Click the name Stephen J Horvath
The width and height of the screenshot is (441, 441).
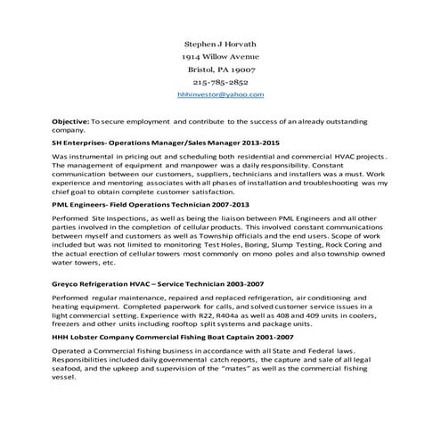(x=219, y=42)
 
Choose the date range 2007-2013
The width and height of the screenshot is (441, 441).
(x=227, y=204)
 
